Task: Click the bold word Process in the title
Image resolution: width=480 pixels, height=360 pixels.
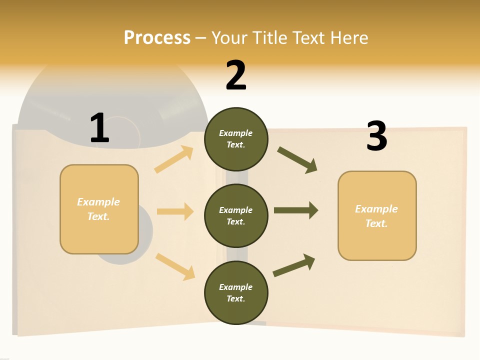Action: tap(157, 37)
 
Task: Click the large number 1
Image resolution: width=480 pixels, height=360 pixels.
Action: tap(99, 128)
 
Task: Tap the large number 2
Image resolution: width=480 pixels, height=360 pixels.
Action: tap(236, 75)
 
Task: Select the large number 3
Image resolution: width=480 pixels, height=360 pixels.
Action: tap(377, 136)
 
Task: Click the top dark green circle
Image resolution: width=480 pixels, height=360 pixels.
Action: tap(236, 139)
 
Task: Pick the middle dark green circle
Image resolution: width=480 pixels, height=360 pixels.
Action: tap(236, 216)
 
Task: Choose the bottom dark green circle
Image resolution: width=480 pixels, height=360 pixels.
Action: tap(236, 293)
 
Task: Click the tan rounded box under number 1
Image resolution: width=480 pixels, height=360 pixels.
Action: tap(99, 209)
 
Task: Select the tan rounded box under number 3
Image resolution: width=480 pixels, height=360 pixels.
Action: tap(377, 216)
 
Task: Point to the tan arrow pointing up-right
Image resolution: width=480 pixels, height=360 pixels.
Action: tap(174, 159)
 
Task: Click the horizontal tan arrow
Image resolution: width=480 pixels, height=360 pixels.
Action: tap(175, 211)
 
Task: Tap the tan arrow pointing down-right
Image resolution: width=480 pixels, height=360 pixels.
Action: tap(175, 266)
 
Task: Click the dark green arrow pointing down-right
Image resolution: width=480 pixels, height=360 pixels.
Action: tap(297, 160)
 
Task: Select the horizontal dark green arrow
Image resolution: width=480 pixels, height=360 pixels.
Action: tap(295, 210)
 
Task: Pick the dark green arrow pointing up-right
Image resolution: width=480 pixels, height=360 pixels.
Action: tap(294, 265)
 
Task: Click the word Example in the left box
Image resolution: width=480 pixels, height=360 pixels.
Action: tap(98, 202)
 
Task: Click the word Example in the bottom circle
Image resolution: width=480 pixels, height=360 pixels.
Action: tap(235, 287)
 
